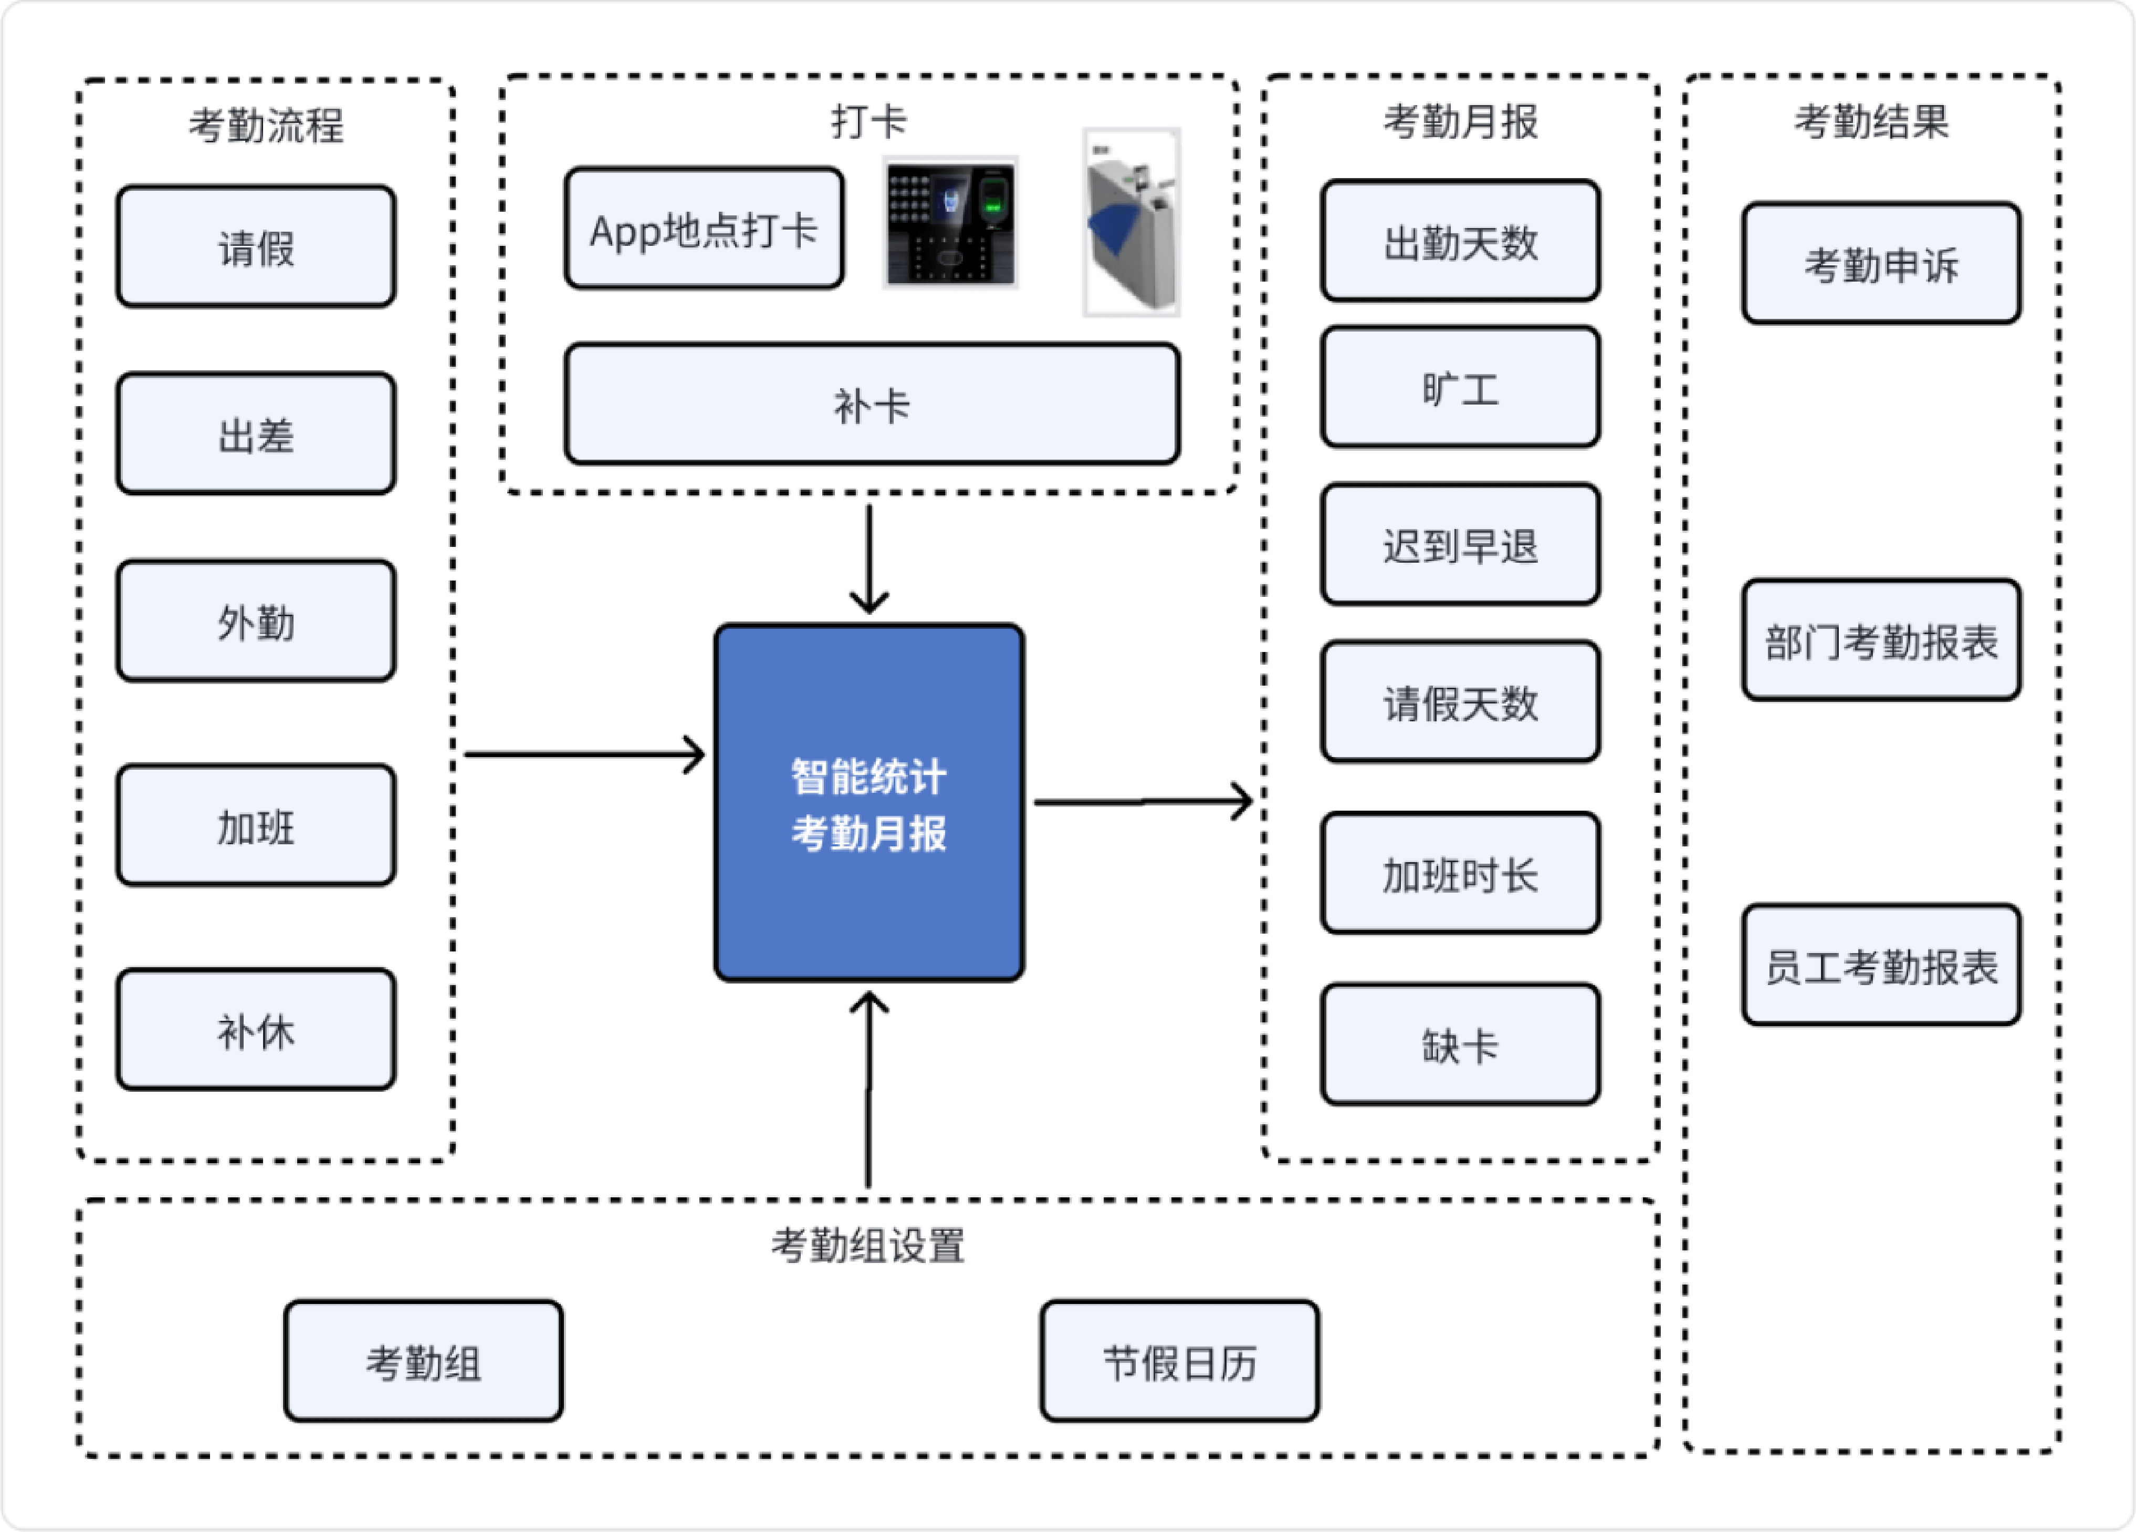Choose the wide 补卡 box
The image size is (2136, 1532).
(x=872, y=404)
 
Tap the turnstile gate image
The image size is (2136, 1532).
(x=1131, y=222)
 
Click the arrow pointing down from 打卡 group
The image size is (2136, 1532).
(x=870, y=558)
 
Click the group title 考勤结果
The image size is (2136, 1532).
(x=1871, y=121)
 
